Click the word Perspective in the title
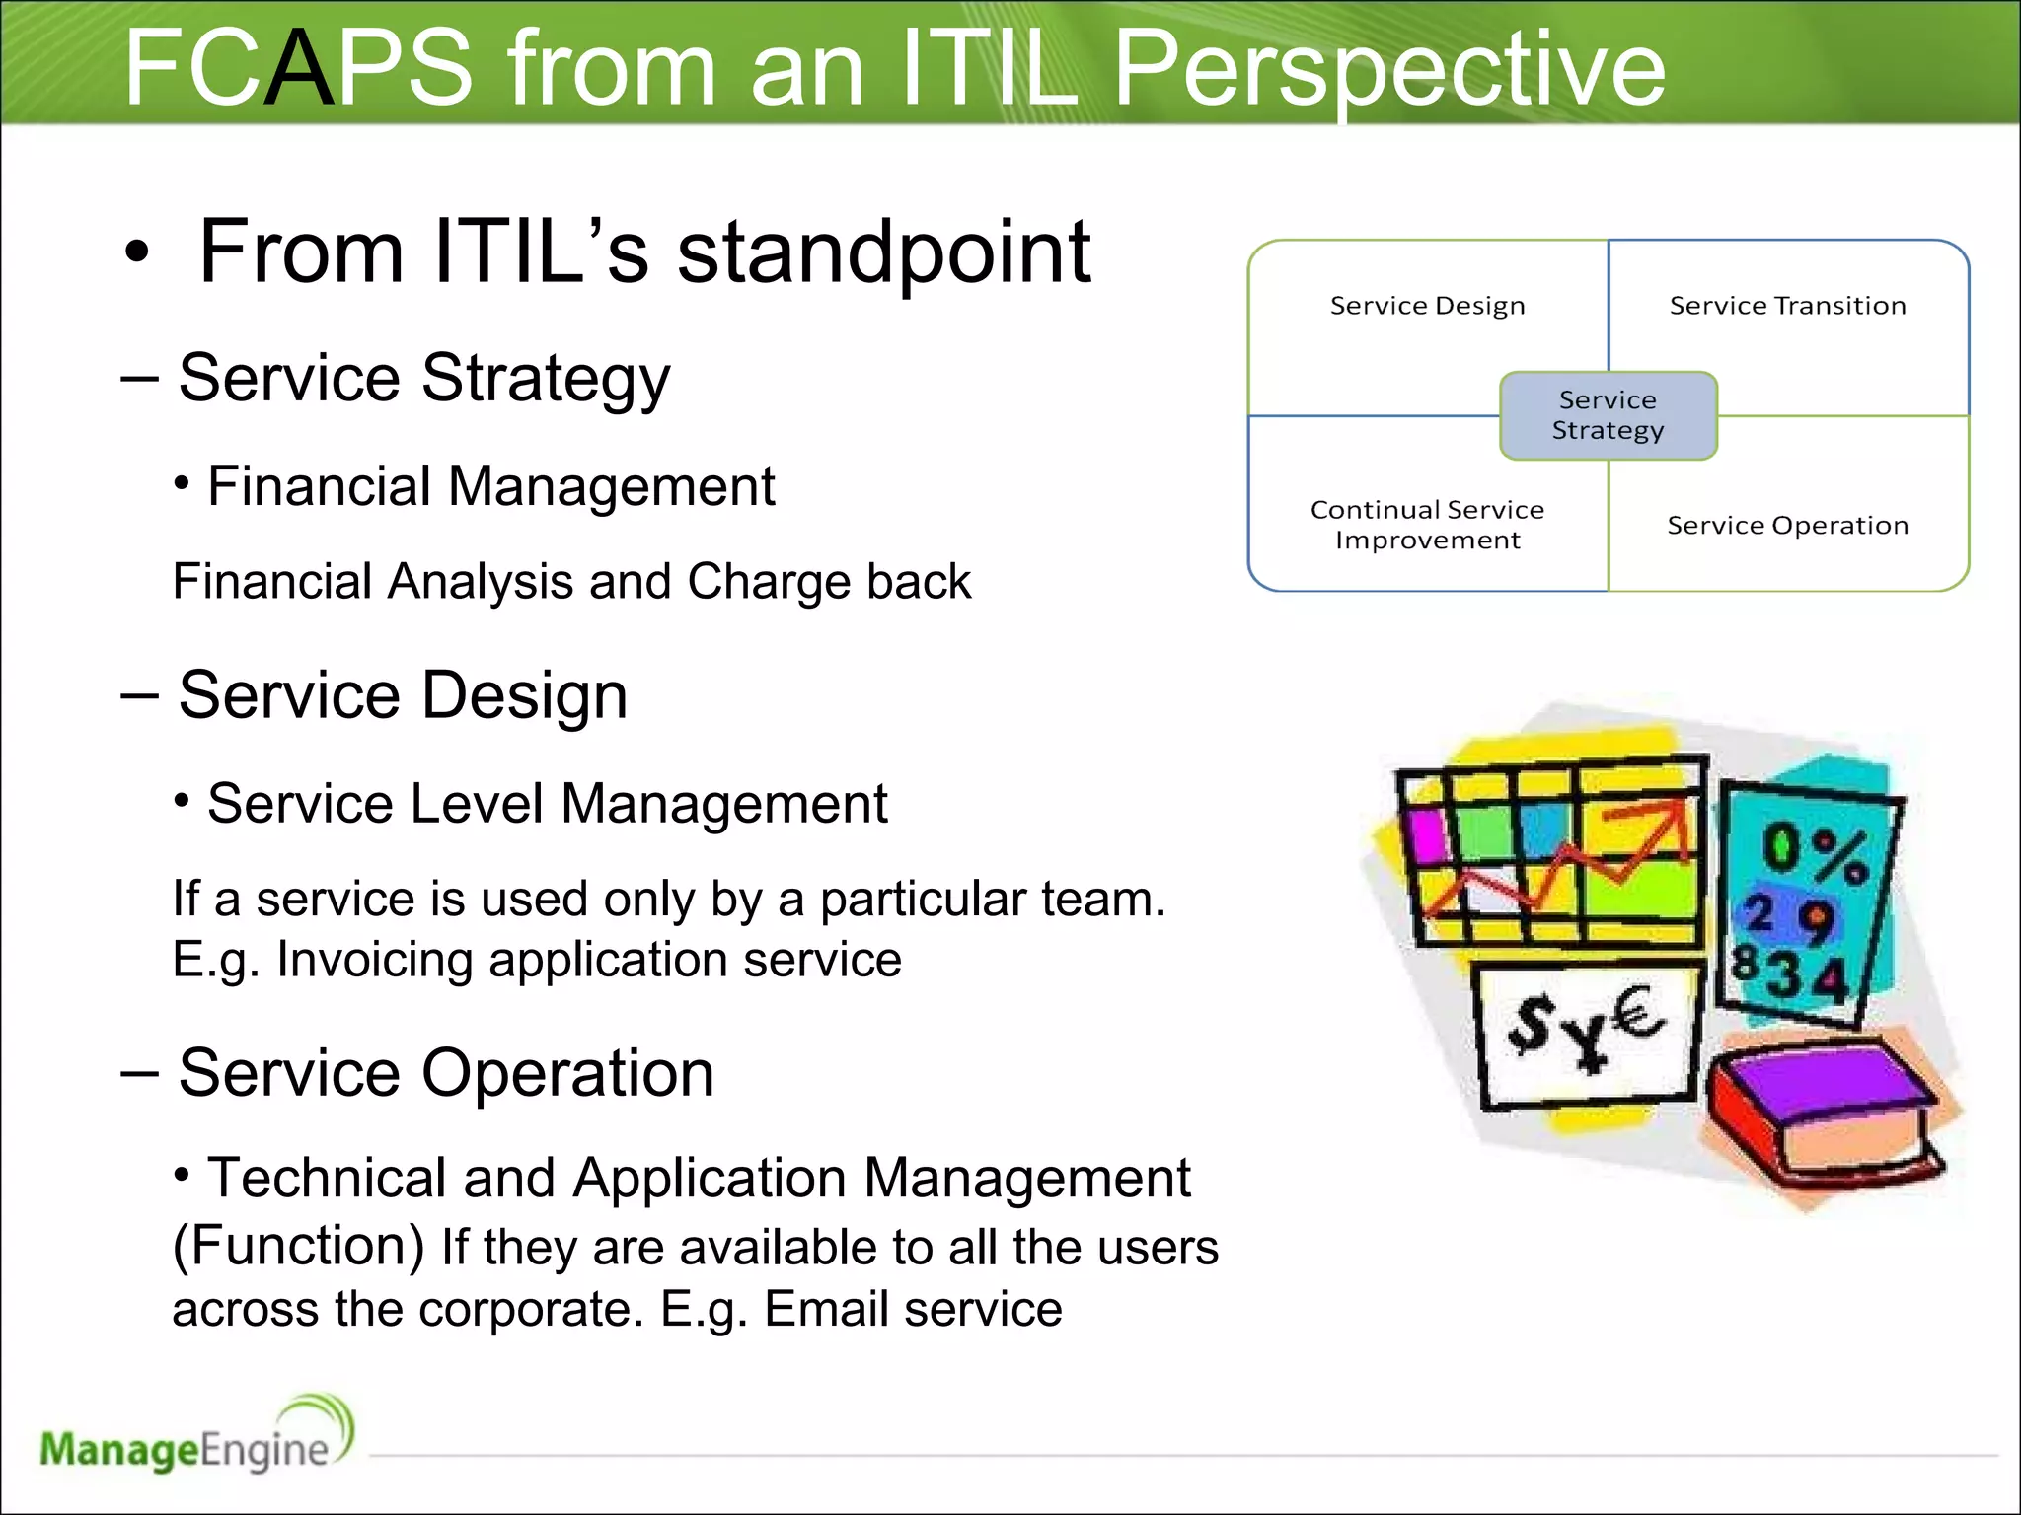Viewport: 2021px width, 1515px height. coord(1389,69)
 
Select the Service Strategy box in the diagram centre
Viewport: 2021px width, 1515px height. coord(1608,415)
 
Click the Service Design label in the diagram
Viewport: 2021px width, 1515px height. coord(1427,306)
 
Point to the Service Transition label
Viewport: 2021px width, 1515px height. coord(1787,306)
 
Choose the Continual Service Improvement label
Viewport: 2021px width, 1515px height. coord(1427,525)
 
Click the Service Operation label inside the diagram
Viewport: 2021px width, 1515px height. coord(1787,525)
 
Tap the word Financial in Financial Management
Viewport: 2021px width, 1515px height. coord(319,486)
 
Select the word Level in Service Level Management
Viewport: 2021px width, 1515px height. coord(476,804)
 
